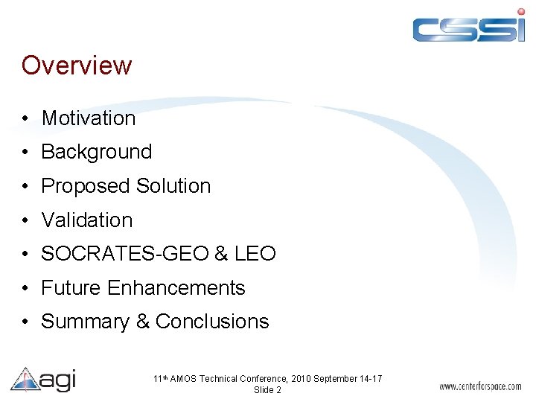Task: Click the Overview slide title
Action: tap(77, 66)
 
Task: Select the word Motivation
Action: tap(89, 118)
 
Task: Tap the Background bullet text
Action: tap(97, 152)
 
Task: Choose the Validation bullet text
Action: tap(87, 220)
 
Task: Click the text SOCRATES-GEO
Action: tap(124, 254)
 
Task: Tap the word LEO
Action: tap(255, 254)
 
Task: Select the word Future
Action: tap(71, 288)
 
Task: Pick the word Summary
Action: tap(85, 322)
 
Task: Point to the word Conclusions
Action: tap(212, 322)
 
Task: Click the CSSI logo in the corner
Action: tap(469, 28)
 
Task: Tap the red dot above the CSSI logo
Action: tap(520, 11)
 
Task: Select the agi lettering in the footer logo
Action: tap(57, 380)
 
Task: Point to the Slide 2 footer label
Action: tap(267, 390)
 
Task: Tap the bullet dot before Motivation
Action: tap(25, 119)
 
